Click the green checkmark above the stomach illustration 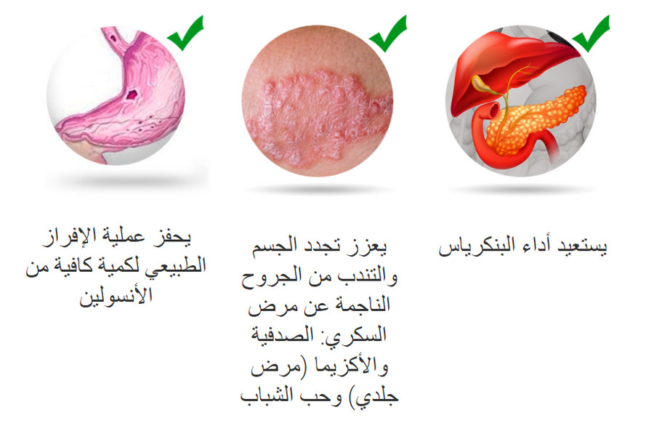click(186, 32)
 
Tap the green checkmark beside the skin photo click(388, 32)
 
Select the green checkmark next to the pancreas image click(590, 32)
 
